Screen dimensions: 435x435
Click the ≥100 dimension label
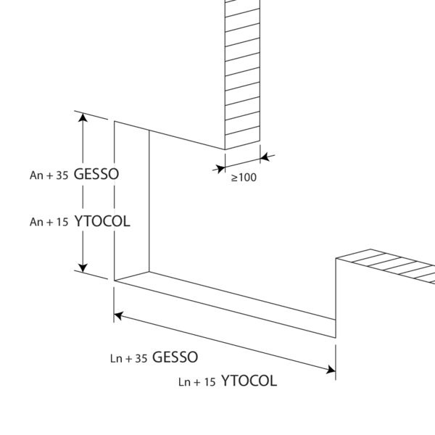pos(244,178)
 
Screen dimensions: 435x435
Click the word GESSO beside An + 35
pos(96,174)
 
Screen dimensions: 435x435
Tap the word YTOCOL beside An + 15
pos(102,221)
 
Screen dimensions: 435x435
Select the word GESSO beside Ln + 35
pos(175,357)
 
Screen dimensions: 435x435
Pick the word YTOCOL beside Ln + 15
pos(249,381)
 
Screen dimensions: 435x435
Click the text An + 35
pos(49,175)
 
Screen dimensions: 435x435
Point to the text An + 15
pos(49,222)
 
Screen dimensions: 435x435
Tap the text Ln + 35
pos(128,358)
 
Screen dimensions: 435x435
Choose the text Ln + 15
pos(197,382)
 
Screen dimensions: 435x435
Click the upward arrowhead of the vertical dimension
pos(83,117)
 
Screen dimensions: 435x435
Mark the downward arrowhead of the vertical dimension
pos(83,268)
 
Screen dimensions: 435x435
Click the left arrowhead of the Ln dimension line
pos(118,315)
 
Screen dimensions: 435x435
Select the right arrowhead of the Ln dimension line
pos(331,370)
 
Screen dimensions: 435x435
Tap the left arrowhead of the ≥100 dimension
pos(220,168)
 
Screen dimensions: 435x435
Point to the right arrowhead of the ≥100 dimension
pos(265,157)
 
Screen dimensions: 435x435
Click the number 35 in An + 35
pos(62,175)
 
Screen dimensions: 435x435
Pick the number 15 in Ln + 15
pos(210,382)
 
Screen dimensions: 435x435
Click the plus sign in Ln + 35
pos(129,359)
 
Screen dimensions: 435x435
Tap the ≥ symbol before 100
pos(234,178)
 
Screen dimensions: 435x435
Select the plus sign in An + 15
pos(50,223)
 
